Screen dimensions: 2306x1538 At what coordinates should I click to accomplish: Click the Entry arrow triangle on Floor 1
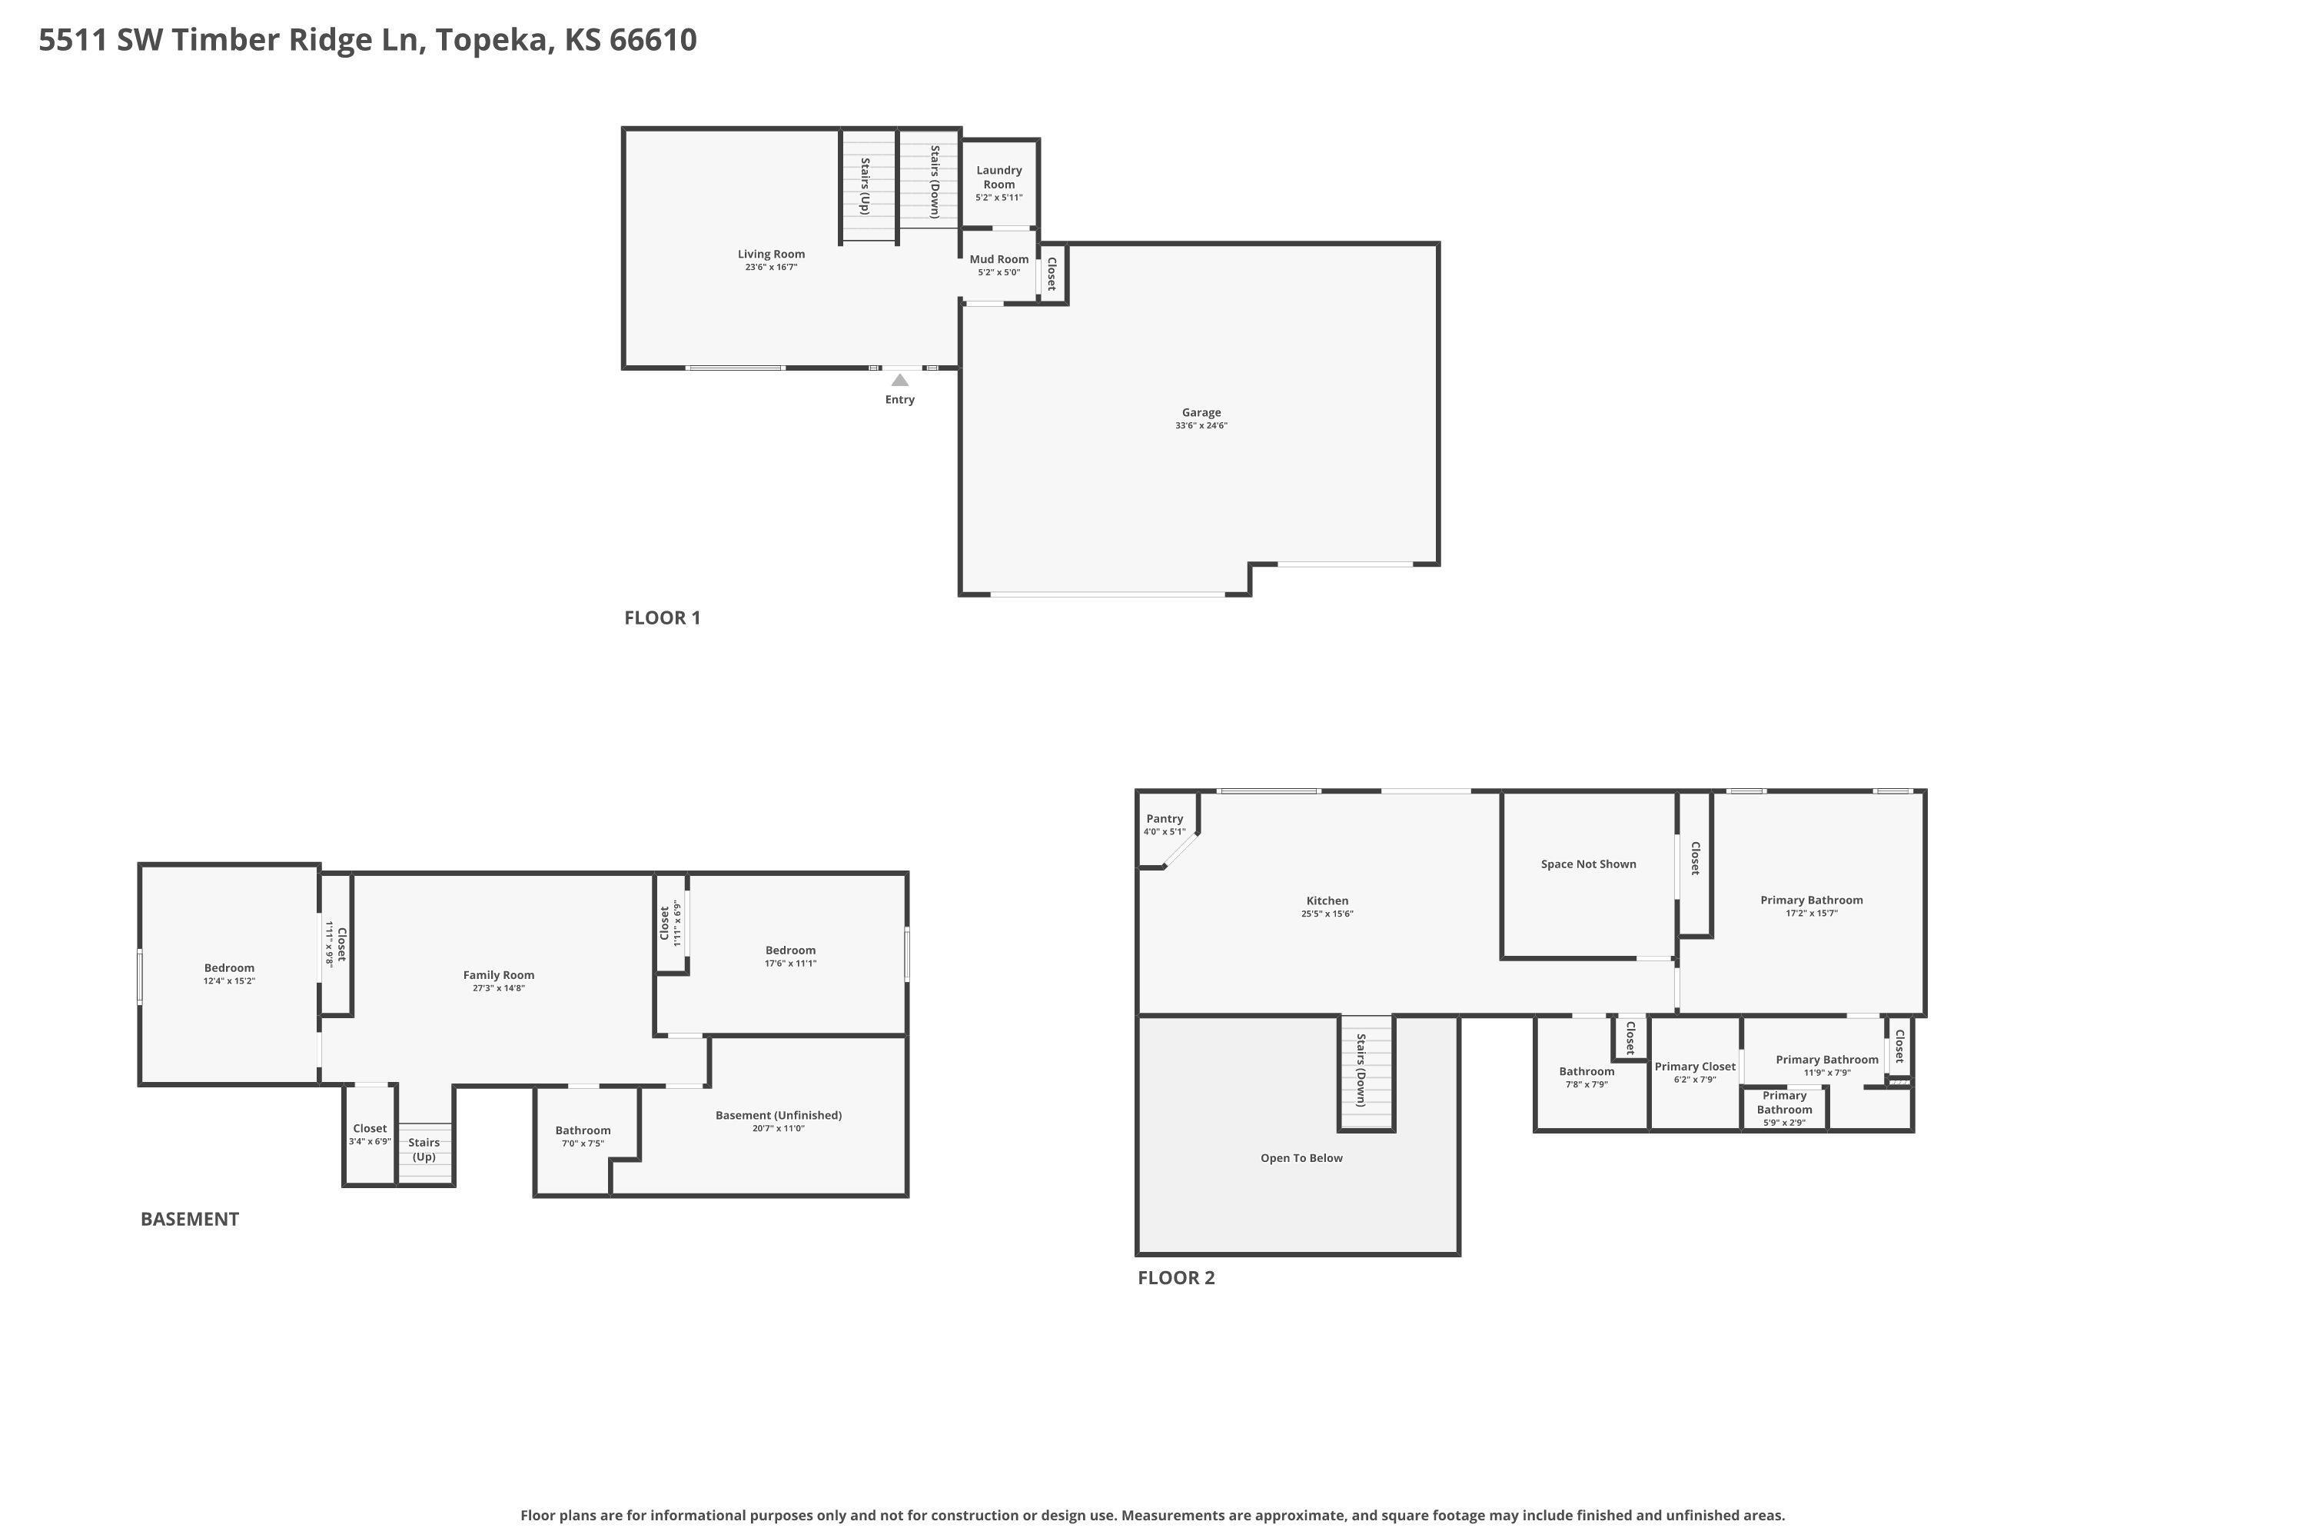(x=899, y=380)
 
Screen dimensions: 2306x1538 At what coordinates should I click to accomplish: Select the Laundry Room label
(x=999, y=178)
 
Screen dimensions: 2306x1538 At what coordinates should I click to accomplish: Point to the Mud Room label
(x=999, y=260)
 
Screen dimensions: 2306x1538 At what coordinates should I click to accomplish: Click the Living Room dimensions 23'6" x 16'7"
(x=771, y=268)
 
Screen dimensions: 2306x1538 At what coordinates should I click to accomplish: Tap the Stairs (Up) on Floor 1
(x=868, y=185)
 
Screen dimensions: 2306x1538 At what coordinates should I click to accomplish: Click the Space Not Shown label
(x=1588, y=864)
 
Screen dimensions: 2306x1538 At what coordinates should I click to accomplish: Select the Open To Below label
(x=1301, y=1158)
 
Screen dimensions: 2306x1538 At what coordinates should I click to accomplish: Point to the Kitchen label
(x=1327, y=900)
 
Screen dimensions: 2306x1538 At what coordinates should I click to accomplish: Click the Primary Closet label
(x=1694, y=1067)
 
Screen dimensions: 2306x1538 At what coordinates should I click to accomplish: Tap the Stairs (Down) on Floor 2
(x=1366, y=1072)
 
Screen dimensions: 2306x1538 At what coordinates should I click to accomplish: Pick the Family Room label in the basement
(x=498, y=975)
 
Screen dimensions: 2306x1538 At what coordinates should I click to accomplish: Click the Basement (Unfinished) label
(x=779, y=1115)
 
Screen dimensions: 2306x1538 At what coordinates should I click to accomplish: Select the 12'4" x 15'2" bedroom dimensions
(x=229, y=981)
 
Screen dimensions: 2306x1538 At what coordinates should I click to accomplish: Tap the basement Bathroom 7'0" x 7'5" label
(x=583, y=1136)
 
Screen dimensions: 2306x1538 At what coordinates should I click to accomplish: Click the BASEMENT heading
(x=189, y=1219)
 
